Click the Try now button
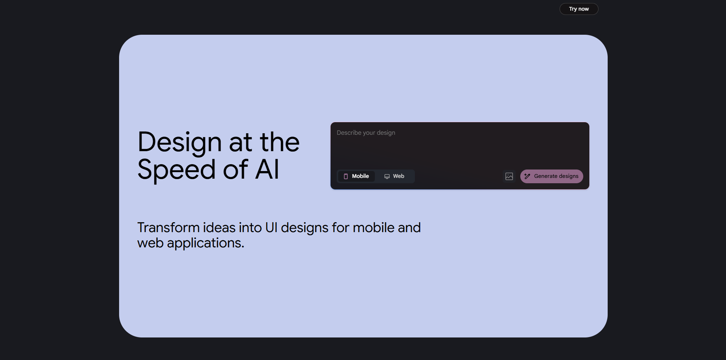click(579, 9)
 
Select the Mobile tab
click(357, 176)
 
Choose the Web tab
click(394, 176)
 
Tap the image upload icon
click(509, 176)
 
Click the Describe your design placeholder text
click(366, 132)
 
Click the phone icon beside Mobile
click(346, 176)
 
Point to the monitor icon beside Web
click(387, 176)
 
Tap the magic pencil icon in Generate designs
click(527, 176)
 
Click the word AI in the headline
click(267, 170)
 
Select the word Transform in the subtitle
click(168, 228)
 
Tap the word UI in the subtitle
click(271, 228)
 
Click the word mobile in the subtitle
click(373, 228)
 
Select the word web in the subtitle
click(150, 243)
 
